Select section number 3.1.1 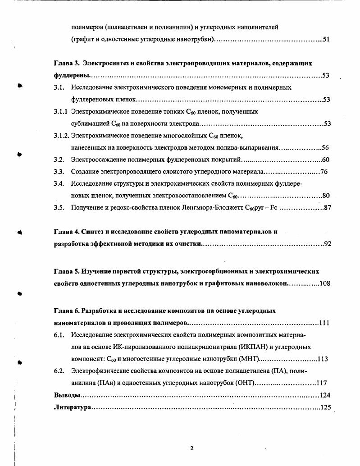coord(61,111)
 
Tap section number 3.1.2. coord(62,135)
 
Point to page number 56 coord(325,147)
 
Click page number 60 coord(326,160)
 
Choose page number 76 coord(323,172)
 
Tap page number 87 coord(327,208)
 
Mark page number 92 coord(328,244)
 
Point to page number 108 coord(325,283)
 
